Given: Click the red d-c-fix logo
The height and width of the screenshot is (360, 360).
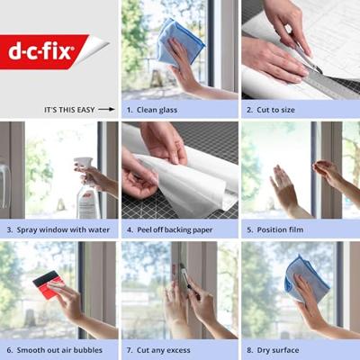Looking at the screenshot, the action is (45, 51).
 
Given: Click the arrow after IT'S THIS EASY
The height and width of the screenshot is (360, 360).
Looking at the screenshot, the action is (106, 110).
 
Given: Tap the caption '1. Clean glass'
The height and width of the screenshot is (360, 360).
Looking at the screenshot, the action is (152, 110).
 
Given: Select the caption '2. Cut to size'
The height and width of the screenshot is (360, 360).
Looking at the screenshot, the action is (271, 110).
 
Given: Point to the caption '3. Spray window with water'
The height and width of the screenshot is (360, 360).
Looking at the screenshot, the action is (58, 230).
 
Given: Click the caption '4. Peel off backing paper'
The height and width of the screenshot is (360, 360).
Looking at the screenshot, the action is (169, 230).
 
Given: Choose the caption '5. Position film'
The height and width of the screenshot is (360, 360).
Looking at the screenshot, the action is (275, 230).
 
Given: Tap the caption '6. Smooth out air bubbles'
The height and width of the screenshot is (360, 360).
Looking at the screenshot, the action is (54, 350).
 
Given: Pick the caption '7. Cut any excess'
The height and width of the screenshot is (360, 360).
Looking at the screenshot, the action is (158, 350).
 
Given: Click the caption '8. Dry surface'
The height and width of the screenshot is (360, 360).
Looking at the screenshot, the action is (273, 350).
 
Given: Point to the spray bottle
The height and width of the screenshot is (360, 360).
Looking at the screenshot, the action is (87, 188).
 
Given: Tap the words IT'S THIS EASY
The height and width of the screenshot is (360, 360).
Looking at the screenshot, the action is (69, 110).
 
